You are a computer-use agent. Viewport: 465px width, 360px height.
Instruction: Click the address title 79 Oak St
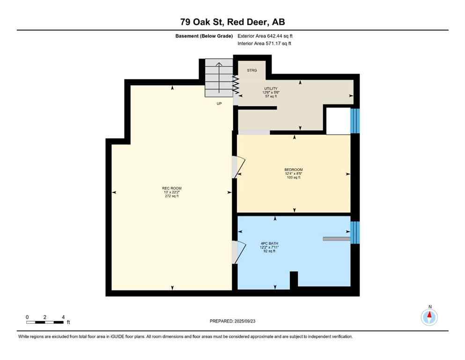point(232,22)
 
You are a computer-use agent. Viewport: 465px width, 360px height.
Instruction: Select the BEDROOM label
point(294,170)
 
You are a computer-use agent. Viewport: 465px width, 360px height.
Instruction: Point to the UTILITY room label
point(271,89)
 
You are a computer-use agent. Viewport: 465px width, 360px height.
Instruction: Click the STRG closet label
point(252,70)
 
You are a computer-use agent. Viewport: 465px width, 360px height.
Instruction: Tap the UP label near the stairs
point(219,103)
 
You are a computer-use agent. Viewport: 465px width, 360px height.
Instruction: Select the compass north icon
point(429,316)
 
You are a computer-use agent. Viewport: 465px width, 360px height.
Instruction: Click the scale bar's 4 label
point(62,317)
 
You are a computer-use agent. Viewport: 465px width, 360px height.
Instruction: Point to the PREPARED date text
point(232,321)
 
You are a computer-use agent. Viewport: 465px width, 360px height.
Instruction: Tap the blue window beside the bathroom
point(355,232)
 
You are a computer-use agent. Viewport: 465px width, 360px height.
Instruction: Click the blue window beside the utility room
point(355,121)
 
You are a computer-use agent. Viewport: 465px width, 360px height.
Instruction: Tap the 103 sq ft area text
point(294,177)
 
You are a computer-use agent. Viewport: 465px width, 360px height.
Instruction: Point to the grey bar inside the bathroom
point(336,239)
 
